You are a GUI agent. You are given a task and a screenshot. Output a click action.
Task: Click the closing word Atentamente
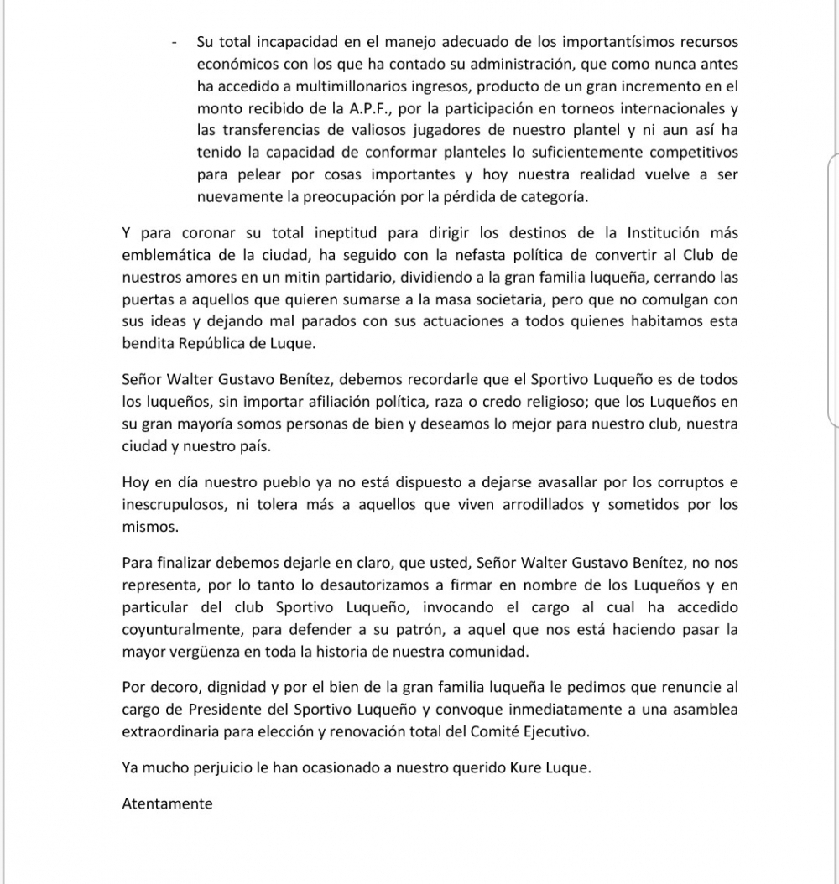pyautogui.click(x=167, y=803)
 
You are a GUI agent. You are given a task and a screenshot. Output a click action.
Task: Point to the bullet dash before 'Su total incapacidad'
pyautogui.click(x=174, y=41)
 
